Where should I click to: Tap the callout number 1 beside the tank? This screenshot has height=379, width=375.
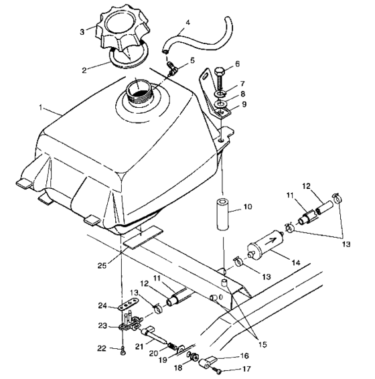click(x=41, y=107)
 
